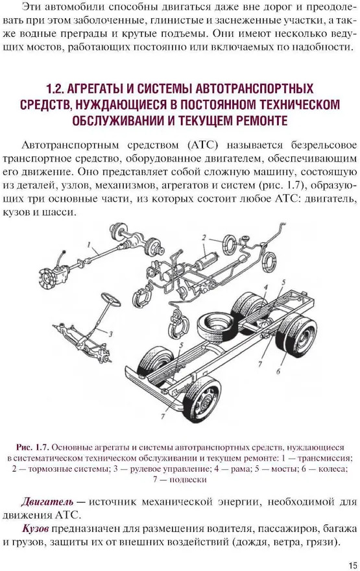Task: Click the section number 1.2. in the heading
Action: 55,89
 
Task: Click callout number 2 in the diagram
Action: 204,237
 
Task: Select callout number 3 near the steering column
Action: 111,334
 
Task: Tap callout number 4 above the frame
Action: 266,287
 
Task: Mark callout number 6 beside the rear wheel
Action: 278,371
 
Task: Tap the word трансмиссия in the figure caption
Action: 324,458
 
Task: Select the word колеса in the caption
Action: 333,469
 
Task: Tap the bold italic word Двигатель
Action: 47,502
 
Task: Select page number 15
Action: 352,565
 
